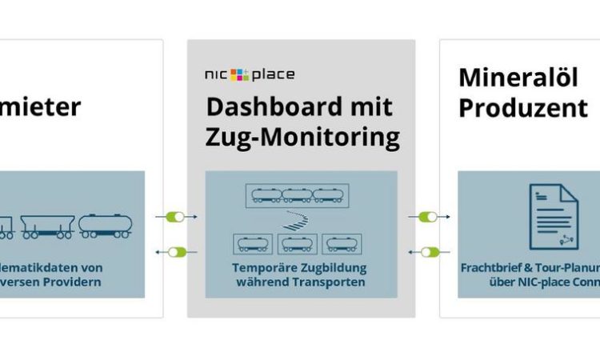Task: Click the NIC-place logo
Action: (250, 74)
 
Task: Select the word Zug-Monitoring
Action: (303, 137)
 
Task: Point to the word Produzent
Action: (523, 107)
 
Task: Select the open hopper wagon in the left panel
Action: (46, 226)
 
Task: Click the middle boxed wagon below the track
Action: (297, 242)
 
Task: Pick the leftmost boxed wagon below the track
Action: (253, 242)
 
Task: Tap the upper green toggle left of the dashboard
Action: (175, 217)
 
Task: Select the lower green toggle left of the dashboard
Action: (175, 252)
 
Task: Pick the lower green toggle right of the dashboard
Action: (429, 252)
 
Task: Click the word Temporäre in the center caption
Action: (265, 268)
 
